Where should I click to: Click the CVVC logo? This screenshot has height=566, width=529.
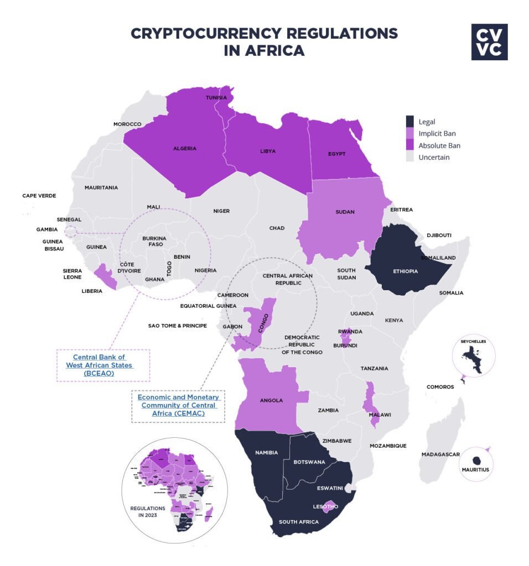(489, 41)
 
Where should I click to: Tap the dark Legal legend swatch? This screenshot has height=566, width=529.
(410, 121)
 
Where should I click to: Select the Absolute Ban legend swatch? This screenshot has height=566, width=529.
(410, 145)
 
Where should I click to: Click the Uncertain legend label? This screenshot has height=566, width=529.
(434, 158)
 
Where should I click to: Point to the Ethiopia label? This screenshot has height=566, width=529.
(405, 271)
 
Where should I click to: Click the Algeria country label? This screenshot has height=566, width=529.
(185, 149)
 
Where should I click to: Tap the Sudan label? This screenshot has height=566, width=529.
(345, 212)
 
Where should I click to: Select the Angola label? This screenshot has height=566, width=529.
(271, 400)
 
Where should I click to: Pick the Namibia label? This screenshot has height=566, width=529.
(267, 453)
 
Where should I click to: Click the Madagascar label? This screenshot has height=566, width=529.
(440, 454)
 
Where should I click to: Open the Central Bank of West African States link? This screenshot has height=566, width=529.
(103, 365)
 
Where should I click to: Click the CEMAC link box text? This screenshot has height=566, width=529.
(178, 405)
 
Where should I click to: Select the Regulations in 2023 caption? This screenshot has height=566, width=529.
(148, 511)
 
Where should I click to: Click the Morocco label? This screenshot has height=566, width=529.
(127, 124)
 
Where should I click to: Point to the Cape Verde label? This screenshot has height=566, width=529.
(39, 196)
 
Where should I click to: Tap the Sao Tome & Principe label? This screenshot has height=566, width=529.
(177, 326)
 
